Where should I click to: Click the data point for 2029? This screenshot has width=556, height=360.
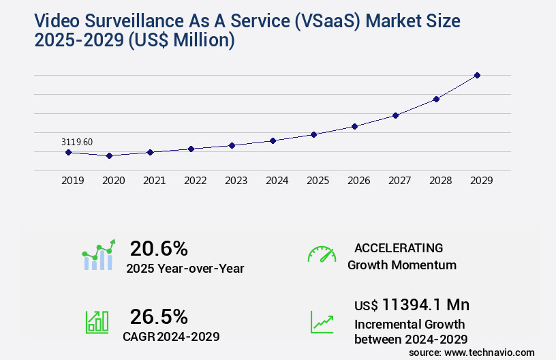tap(477, 75)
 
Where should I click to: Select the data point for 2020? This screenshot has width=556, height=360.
tap(109, 155)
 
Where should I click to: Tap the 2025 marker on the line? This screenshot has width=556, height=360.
tap(313, 134)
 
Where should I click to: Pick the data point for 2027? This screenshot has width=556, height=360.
tap(395, 115)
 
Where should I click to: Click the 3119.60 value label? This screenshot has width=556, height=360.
tap(77, 142)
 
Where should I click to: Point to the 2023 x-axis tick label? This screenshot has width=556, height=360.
tap(236, 181)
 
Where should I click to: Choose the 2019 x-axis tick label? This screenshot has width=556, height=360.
tap(72, 181)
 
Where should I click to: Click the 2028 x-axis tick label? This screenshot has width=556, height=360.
tap(440, 181)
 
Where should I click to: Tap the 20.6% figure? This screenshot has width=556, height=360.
tap(159, 248)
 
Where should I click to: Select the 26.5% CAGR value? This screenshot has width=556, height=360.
tap(159, 316)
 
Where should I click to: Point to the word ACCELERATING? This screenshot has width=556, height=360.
tap(399, 248)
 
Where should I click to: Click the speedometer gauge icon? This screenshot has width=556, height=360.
tap(322, 254)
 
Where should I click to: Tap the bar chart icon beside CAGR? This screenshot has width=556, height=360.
tap(97, 322)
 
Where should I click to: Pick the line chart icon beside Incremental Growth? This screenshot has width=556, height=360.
tap(322, 322)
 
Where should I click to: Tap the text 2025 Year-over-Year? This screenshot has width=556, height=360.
tap(185, 269)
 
